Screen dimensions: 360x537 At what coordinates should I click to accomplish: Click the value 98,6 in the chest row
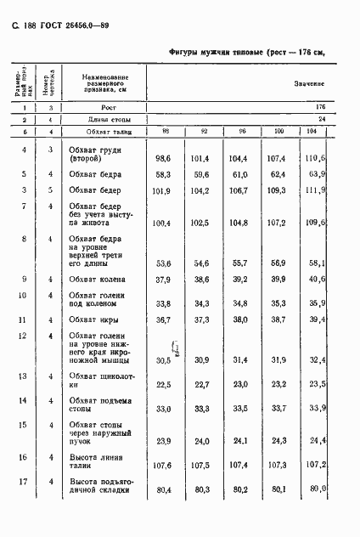tap(165, 159)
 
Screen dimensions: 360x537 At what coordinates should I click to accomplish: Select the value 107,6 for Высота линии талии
tap(164, 465)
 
